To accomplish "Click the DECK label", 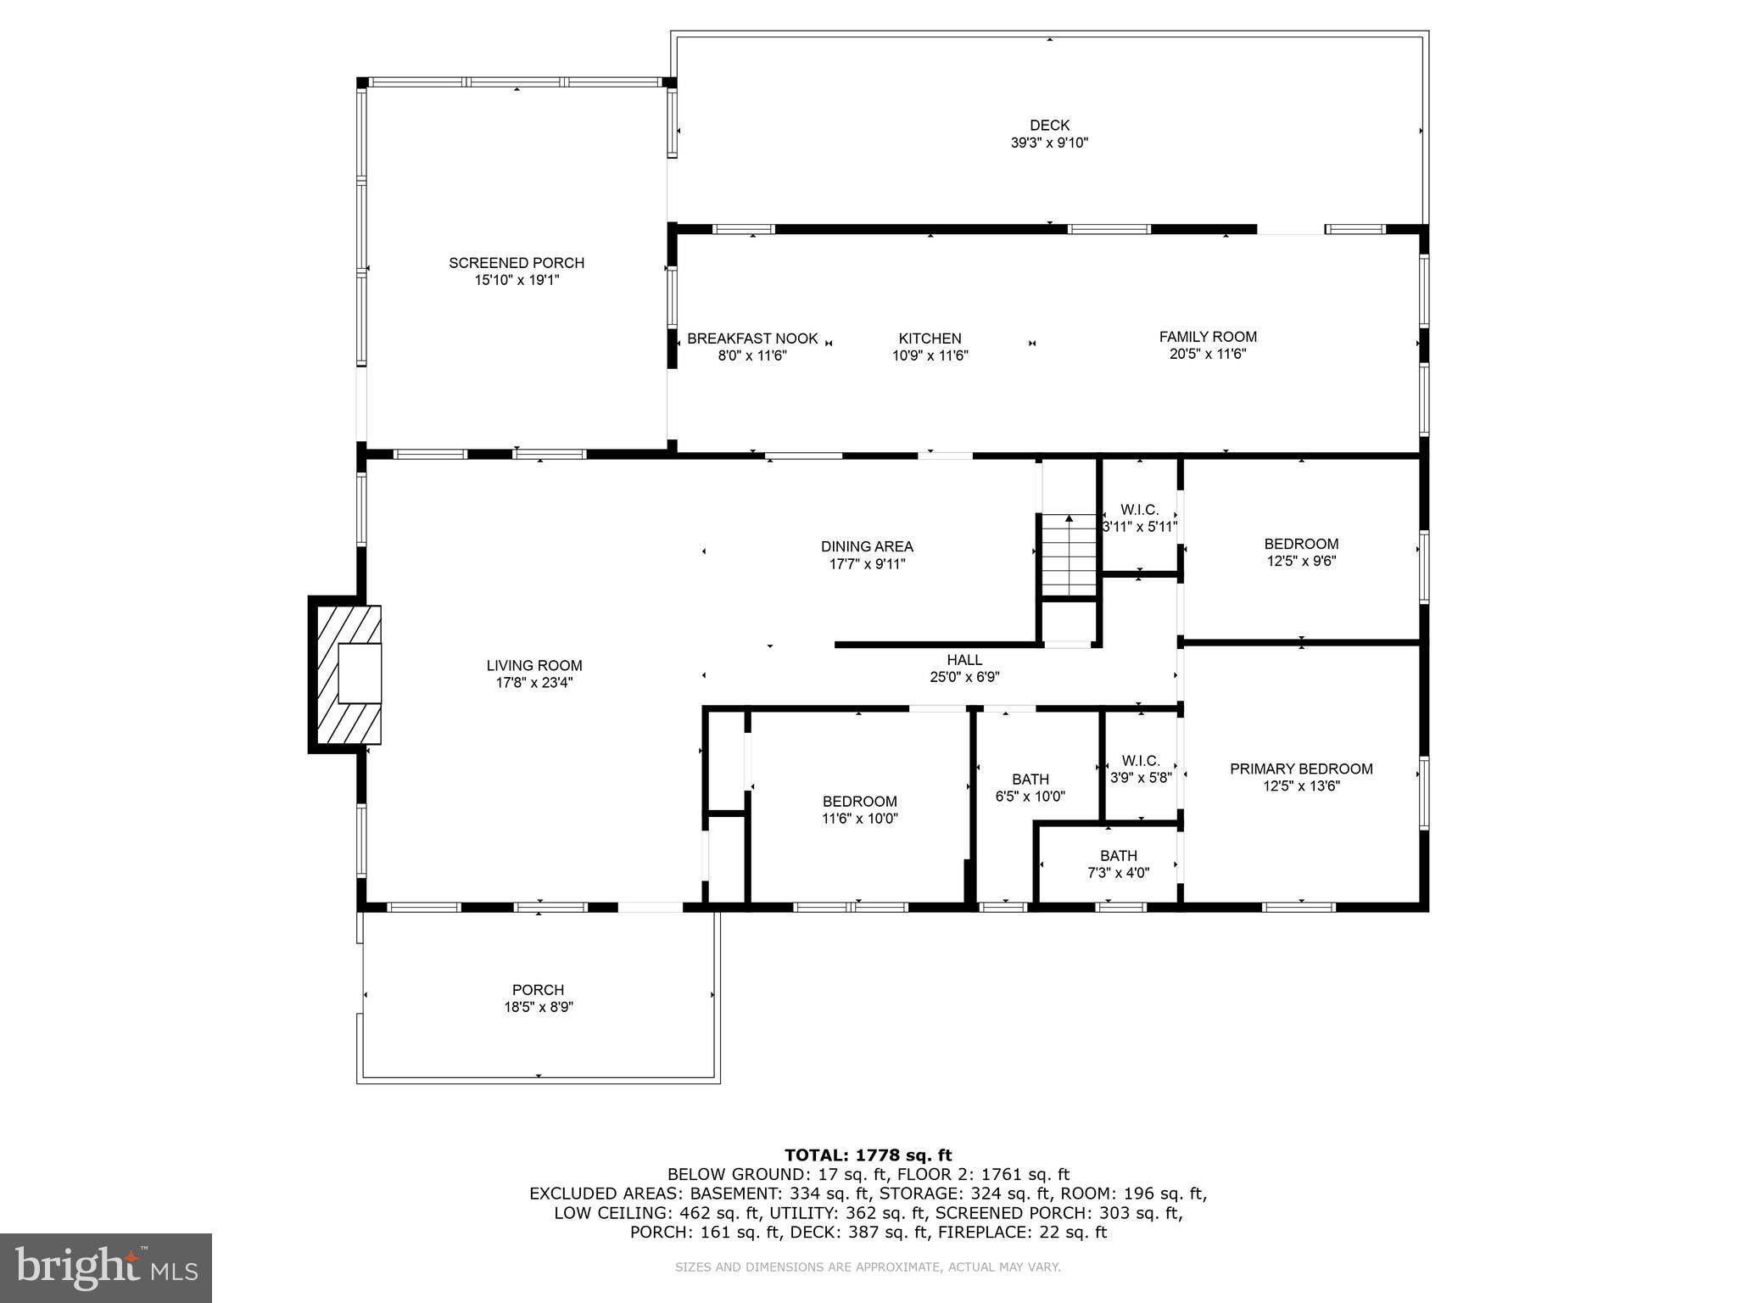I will [1049, 126].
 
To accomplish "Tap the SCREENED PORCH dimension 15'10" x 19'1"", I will [517, 280].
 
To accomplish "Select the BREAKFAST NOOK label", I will [752, 338].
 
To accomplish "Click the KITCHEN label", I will [930, 338].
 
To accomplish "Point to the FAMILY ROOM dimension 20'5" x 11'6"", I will [1207, 354].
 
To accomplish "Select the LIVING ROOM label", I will [534, 666].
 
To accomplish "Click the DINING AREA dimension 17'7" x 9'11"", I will [867, 564].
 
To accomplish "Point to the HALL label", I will [964, 660].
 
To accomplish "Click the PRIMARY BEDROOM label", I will [1301, 769].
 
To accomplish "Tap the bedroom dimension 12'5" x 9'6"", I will [1301, 561].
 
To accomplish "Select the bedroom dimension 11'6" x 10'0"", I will [859, 819].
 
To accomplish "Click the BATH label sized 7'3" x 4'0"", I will [1119, 856].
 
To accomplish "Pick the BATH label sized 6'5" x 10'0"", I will [1030, 780].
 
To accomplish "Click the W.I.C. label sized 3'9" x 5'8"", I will [1140, 761].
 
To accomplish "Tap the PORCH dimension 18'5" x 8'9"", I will [538, 1007].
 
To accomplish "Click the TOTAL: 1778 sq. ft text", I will [868, 1155].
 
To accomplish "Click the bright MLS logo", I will [105, 1268].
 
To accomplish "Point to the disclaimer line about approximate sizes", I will [868, 1267].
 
